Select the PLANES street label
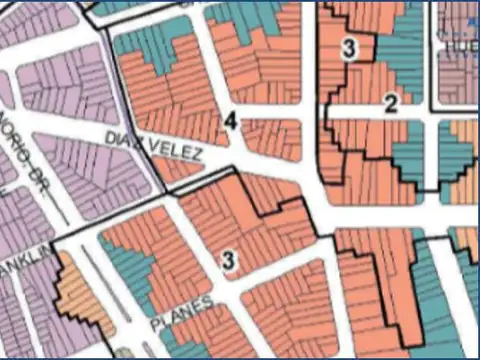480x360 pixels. tap(181, 313)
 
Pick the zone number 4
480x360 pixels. tap(231, 121)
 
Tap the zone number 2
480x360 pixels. tap(391, 102)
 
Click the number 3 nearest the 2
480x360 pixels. tap(349, 47)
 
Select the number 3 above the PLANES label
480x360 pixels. tap(229, 261)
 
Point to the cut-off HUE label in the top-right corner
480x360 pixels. tap(460, 45)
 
